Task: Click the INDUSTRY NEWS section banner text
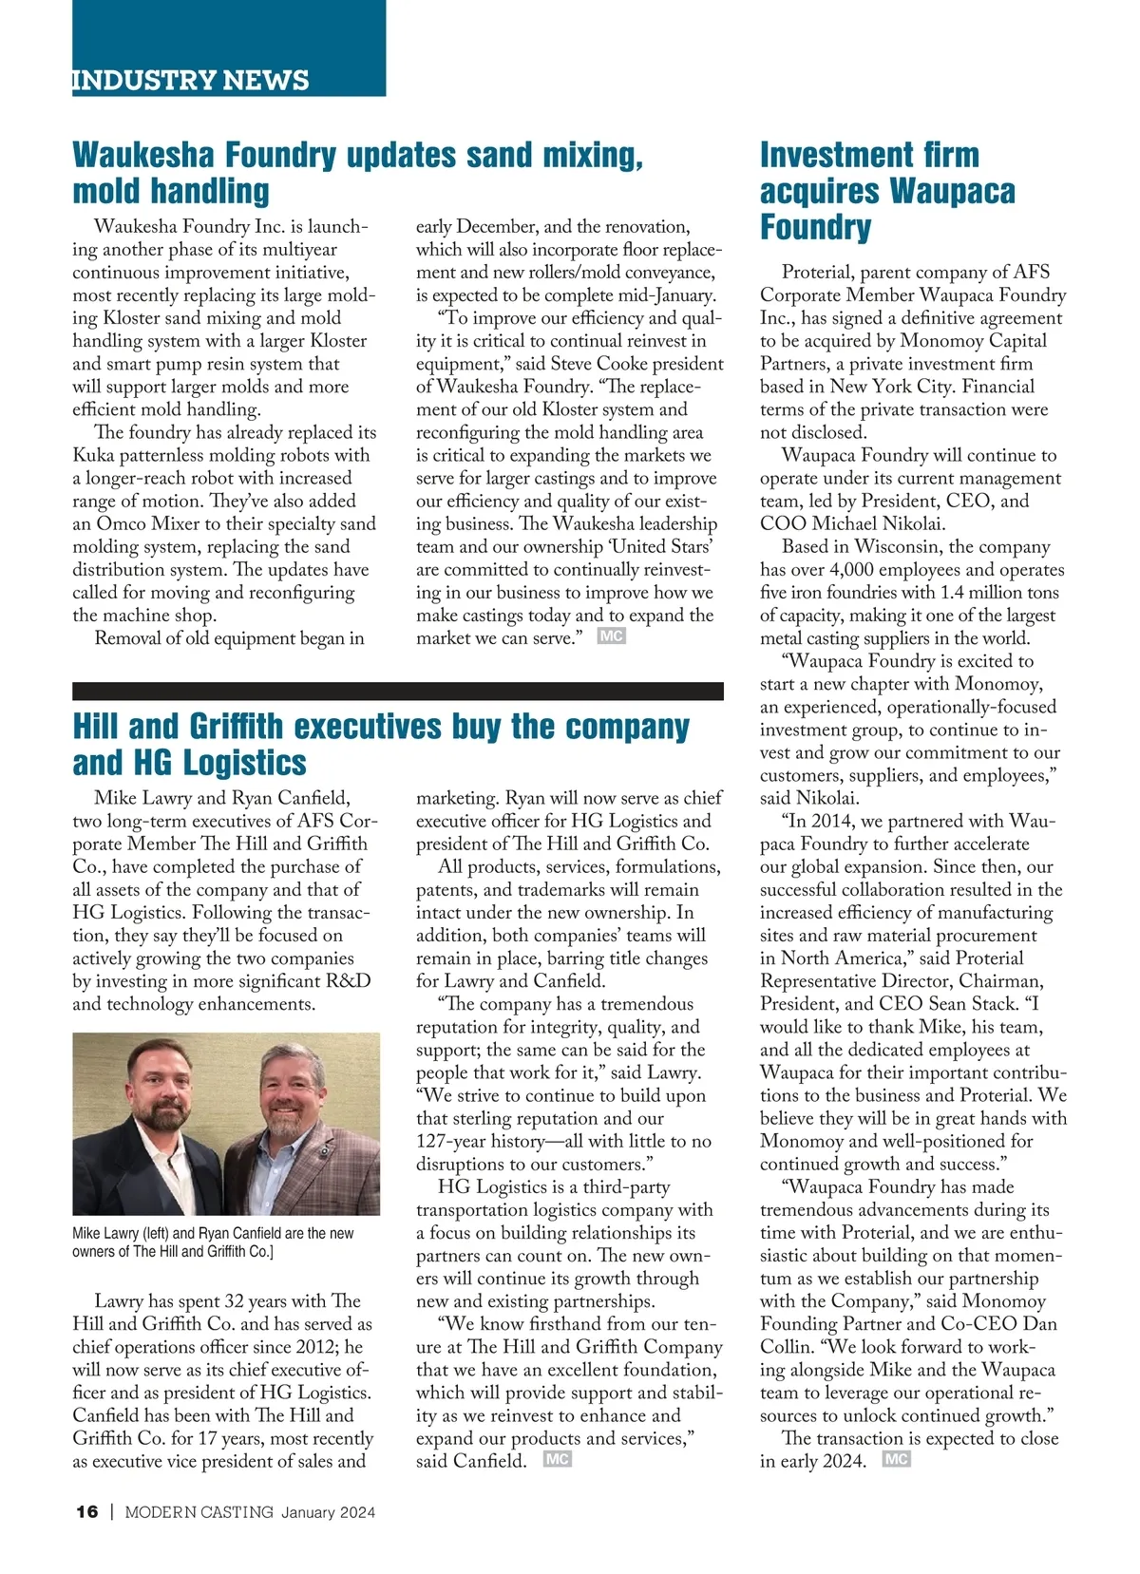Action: [x=191, y=80]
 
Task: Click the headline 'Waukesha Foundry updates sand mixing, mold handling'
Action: [x=357, y=172]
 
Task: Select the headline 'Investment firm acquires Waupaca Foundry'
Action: [x=887, y=191]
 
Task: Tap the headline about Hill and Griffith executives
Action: [x=380, y=744]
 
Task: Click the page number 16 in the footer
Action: [x=86, y=1512]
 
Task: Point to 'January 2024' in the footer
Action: [x=328, y=1512]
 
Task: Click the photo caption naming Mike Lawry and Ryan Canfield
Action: [x=213, y=1242]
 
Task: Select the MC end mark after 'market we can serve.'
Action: [x=611, y=635]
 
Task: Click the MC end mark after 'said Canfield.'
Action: [x=557, y=1458]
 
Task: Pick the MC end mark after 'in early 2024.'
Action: [x=896, y=1458]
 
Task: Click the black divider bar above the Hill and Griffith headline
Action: [x=397, y=691]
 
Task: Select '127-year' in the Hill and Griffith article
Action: [x=452, y=1141]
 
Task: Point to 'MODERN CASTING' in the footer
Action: [x=199, y=1512]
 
